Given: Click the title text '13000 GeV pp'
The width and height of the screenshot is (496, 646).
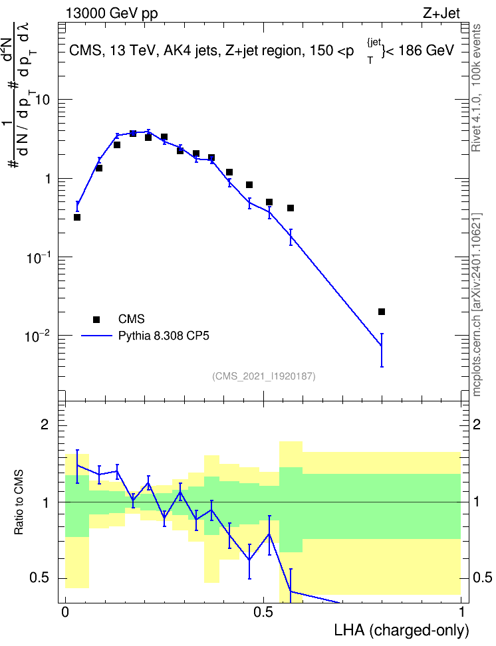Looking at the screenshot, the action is (112, 13).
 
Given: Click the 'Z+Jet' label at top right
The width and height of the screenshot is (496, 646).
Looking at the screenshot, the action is (441, 13).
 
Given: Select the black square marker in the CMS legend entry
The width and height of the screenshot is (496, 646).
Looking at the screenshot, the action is (96, 319).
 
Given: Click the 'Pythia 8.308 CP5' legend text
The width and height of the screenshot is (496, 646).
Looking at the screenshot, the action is (164, 336).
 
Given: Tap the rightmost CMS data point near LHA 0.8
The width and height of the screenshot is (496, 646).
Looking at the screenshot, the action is (382, 312).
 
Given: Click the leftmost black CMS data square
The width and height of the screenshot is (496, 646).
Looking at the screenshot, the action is (77, 217).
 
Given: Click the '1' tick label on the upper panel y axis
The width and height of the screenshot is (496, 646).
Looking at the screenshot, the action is (49, 179).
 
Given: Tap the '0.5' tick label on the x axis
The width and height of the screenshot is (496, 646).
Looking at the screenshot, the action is (263, 612).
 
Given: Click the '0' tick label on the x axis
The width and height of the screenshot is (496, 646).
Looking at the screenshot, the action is (65, 612).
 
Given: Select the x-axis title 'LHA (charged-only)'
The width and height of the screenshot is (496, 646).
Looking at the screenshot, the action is (402, 631).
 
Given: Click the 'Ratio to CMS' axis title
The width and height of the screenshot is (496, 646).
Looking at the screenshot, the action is (19, 502).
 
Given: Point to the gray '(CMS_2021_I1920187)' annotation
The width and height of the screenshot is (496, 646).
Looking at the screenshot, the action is (264, 376).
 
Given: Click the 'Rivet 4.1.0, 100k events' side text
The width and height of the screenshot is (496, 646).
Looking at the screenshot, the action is (476, 88).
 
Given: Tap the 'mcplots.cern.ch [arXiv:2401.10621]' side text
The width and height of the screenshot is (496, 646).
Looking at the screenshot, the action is (477, 305).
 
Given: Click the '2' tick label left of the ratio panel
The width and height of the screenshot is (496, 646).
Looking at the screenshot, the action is (45, 424).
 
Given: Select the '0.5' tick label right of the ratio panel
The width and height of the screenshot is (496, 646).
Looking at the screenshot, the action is (482, 578).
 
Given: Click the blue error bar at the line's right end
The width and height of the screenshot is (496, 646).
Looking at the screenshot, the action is (382, 350).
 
